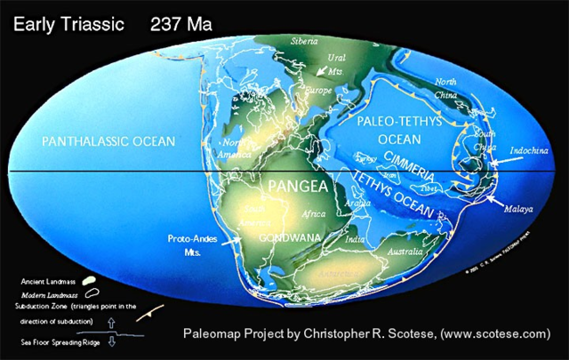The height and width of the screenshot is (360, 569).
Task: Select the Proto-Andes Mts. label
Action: pos(188,244)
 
